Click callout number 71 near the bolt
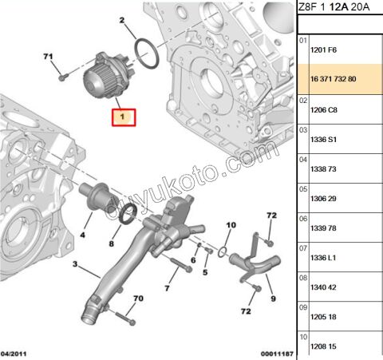tap(48, 57)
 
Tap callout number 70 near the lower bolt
tap(139, 298)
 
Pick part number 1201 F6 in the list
tap(322, 51)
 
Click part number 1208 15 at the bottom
tap(322, 346)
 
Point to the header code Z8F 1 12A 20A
tap(335, 10)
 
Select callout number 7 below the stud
tap(168, 287)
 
